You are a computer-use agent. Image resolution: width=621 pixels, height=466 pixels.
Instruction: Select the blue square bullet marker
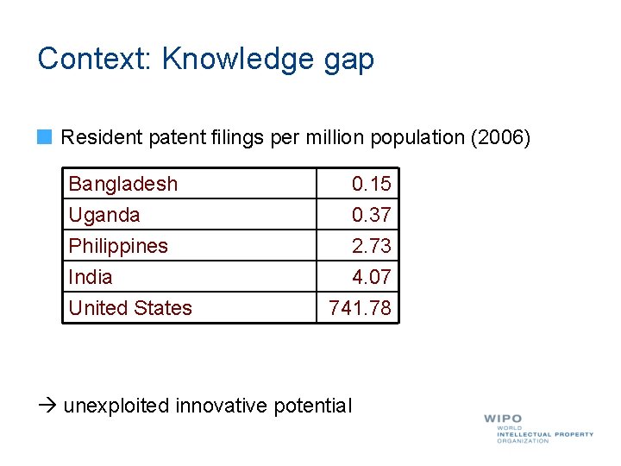coord(46,136)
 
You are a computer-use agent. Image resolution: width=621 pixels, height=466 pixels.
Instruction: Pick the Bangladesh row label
coord(123,184)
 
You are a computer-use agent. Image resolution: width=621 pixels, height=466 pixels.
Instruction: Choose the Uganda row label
coord(104,215)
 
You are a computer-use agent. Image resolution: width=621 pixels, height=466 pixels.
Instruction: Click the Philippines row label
coord(118,246)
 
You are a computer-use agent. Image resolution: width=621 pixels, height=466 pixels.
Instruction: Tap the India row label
coord(91,277)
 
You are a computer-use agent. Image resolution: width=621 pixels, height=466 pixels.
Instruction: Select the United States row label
coord(130,308)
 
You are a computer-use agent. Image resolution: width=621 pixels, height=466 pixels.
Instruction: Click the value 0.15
coord(371,184)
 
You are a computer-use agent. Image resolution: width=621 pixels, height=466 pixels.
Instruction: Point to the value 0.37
coord(371,215)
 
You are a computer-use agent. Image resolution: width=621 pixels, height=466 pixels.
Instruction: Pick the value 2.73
coord(371,246)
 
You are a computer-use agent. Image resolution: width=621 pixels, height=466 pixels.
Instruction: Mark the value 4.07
coord(371,277)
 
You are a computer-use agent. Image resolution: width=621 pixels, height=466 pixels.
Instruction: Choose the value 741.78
coord(360,308)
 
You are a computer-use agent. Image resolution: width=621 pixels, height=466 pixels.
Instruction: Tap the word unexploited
coord(116,406)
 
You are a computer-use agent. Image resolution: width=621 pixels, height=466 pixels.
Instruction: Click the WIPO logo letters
coord(503,419)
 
